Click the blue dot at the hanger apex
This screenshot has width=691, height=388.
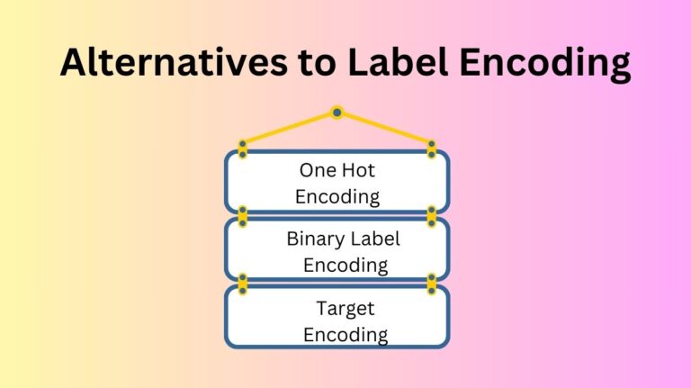pos(337,113)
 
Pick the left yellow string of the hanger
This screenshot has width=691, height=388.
pos(289,127)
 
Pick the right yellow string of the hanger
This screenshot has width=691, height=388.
pos(384,127)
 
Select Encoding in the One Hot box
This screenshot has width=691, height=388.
pos(337,195)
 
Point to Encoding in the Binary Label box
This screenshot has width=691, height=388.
pos(345,265)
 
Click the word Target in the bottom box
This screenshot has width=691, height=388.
pos(345,309)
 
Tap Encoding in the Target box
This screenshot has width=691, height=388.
pos(345,335)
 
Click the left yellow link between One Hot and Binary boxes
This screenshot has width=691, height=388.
pos(243,215)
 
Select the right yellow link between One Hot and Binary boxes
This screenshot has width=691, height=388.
pos(432,215)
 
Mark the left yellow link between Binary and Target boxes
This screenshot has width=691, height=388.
pos(243,283)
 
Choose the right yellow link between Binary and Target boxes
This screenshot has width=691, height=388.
pos(432,283)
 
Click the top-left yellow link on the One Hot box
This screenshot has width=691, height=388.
pos(243,149)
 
